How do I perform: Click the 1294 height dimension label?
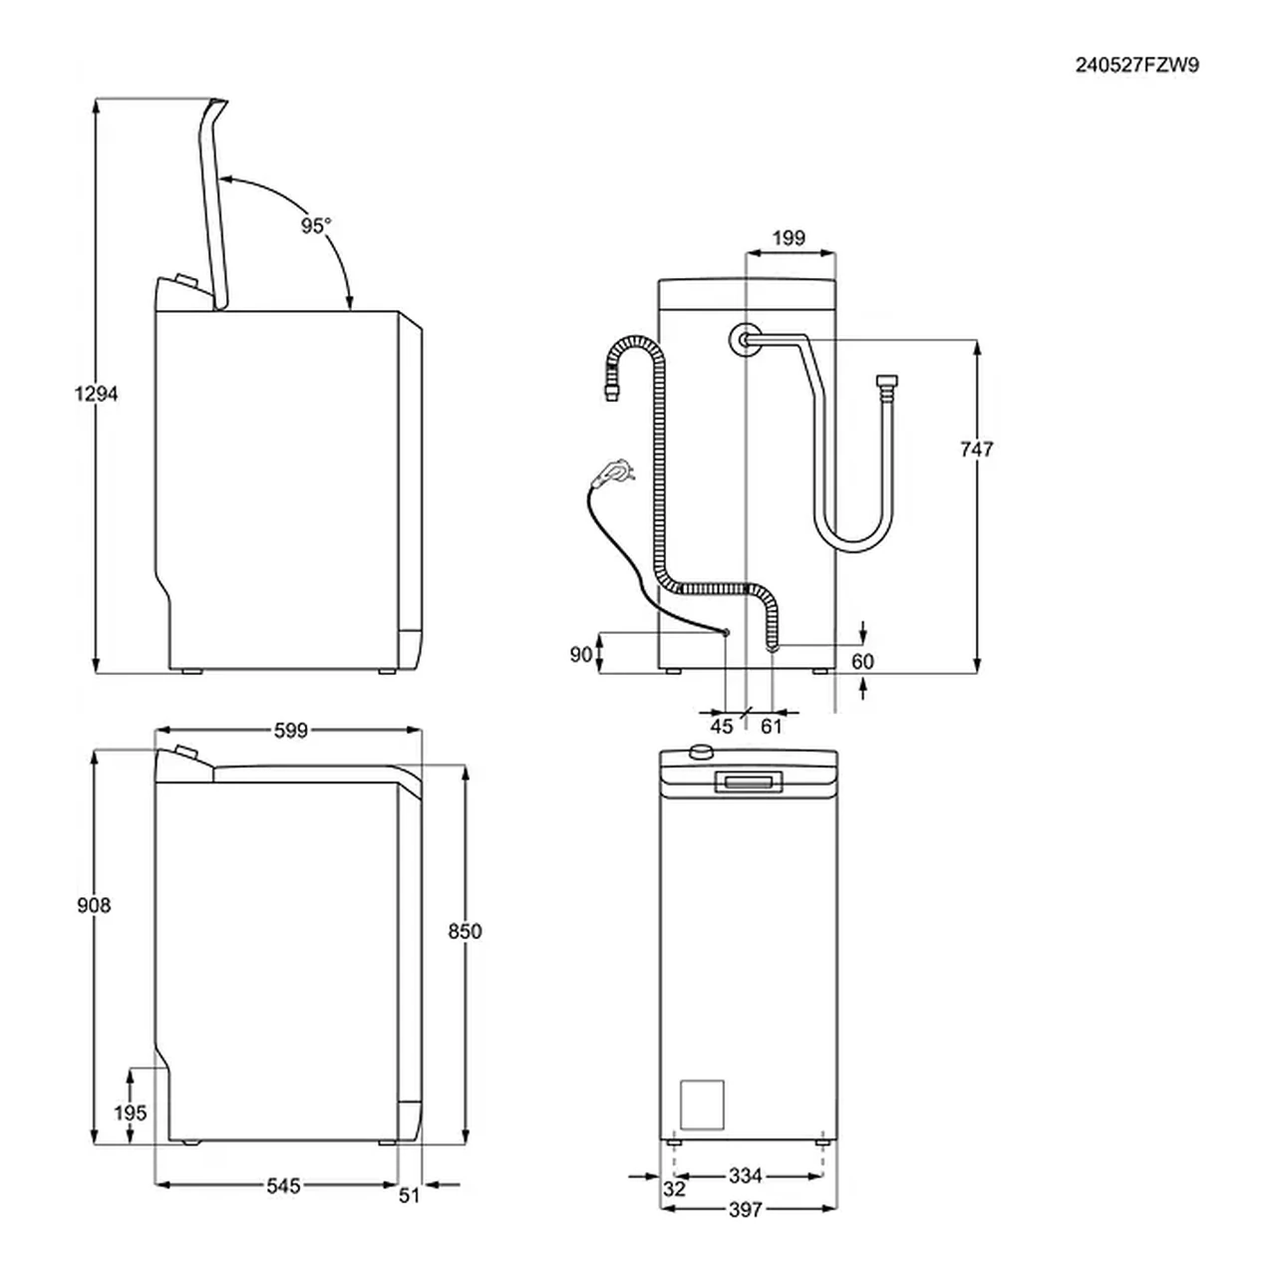pyautogui.click(x=96, y=394)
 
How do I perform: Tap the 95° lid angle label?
pyautogui.click(x=315, y=226)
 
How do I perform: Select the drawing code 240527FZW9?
pyautogui.click(x=1136, y=66)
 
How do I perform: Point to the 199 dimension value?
pyautogui.click(x=789, y=238)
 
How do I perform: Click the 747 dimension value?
pyautogui.click(x=977, y=450)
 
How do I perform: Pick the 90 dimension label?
pyautogui.click(x=581, y=654)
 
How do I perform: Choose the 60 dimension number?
pyautogui.click(x=863, y=662)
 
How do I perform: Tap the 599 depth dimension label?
pyautogui.click(x=291, y=731)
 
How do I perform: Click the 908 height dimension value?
pyautogui.click(x=94, y=905)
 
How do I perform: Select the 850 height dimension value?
pyautogui.click(x=465, y=931)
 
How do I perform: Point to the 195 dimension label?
pyautogui.click(x=131, y=1113)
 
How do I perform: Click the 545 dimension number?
pyautogui.click(x=283, y=1186)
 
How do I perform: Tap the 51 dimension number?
pyautogui.click(x=410, y=1195)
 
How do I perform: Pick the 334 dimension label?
pyautogui.click(x=746, y=1176)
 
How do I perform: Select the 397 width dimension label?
pyautogui.click(x=746, y=1209)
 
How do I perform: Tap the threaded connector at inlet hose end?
pyautogui.click(x=884, y=384)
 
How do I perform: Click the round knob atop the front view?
pyautogui.click(x=702, y=753)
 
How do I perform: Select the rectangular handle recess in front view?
pyautogui.click(x=748, y=783)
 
